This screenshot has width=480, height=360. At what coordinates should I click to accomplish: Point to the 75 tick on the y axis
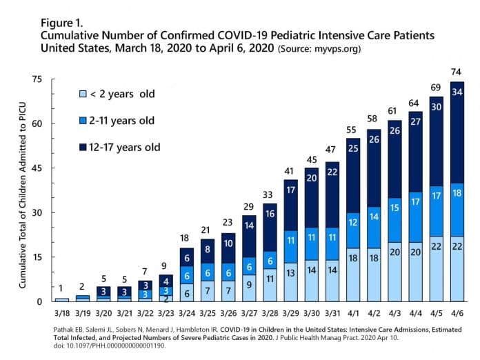(x=38, y=79)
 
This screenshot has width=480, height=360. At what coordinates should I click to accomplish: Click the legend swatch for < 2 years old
(x=82, y=94)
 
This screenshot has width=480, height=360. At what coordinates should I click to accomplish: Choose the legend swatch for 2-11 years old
(x=82, y=121)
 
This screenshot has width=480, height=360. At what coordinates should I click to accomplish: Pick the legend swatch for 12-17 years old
(x=82, y=148)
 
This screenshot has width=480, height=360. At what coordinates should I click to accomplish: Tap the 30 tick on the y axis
(x=38, y=212)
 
